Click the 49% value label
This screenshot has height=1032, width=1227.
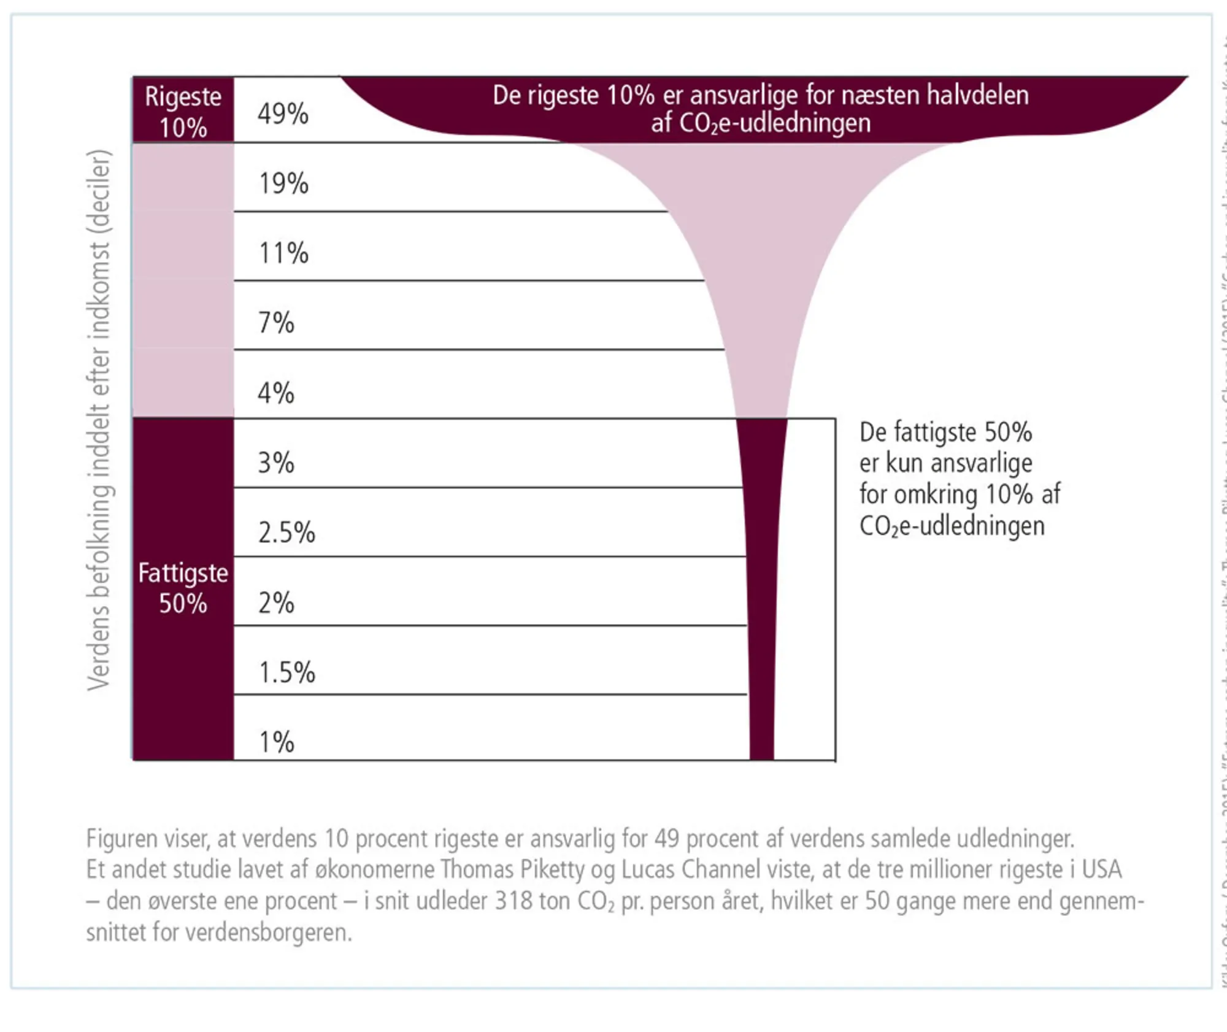point(283,114)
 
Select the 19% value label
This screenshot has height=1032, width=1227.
point(283,183)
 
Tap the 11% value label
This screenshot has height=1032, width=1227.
point(283,253)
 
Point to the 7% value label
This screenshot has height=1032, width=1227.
point(276,323)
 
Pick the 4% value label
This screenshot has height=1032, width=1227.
point(276,393)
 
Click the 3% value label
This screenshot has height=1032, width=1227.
point(276,463)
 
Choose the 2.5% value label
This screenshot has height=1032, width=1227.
point(287,533)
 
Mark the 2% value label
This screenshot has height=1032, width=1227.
point(276,603)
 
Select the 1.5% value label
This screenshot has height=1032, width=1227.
point(287,672)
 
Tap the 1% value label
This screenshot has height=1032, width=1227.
point(276,742)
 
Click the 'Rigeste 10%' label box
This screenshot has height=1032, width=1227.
point(183,111)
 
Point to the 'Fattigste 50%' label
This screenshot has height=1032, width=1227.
point(183,588)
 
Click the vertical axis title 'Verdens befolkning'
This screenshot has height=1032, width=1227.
point(99,420)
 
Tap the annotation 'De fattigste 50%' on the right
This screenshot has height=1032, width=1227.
point(945,433)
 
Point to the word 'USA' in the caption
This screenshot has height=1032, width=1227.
point(1101,869)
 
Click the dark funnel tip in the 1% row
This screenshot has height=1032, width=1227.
point(762,736)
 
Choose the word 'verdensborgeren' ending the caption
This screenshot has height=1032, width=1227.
point(269,933)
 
